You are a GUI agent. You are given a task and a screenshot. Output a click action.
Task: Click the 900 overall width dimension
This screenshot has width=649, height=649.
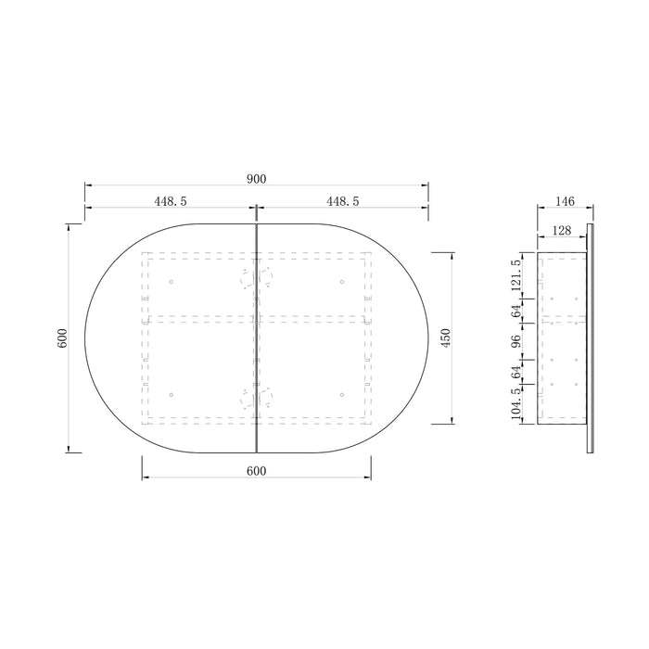pos(257,179)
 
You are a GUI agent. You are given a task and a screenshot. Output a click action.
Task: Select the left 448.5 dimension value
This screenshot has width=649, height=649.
pos(171,201)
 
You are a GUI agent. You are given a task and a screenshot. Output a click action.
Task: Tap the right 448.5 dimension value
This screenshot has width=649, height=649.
pos(343,201)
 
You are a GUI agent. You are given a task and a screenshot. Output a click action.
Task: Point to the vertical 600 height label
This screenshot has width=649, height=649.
pos(62,337)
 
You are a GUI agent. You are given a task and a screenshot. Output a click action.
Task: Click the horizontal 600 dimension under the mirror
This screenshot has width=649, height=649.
pos(257,471)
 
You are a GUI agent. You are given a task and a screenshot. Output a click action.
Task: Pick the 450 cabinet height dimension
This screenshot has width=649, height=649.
pos(446,337)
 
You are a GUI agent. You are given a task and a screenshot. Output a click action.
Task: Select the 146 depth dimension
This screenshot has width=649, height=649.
pos(565,201)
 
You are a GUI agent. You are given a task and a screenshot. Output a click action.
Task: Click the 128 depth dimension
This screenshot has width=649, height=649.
pos(562,231)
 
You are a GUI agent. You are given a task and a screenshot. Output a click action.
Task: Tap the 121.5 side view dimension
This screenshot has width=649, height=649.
pos(515,276)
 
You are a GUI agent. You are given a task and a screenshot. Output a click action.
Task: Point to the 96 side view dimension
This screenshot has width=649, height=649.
pos(515,341)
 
